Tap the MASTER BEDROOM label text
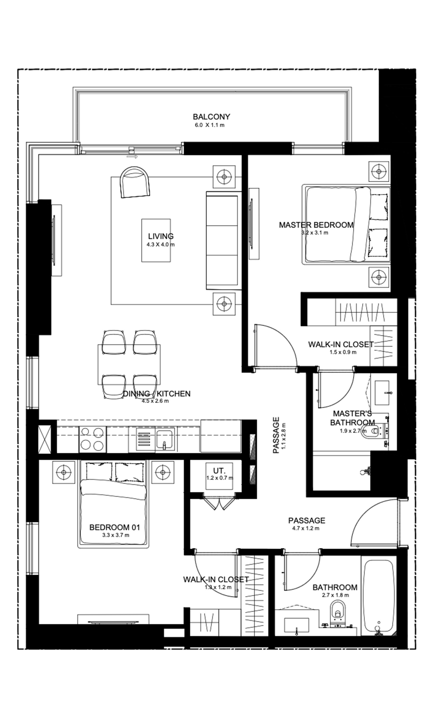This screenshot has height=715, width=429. [316, 225]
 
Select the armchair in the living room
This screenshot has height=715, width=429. [135, 182]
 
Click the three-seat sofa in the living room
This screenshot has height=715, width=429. [223, 240]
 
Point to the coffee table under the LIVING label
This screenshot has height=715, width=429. [156, 240]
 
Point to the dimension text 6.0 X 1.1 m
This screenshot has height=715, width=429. [209, 125]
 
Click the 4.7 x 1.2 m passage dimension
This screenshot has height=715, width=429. [306, 528]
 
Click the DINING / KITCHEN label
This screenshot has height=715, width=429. [157, 394]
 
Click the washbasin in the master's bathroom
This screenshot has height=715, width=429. [382, 393]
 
